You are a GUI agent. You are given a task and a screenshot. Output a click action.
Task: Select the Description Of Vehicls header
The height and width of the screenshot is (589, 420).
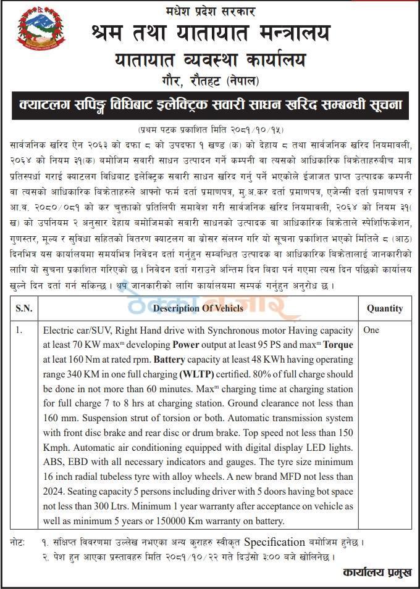point(199,308)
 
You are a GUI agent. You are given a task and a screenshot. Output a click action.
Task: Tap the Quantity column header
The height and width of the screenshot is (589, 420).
point(385,308)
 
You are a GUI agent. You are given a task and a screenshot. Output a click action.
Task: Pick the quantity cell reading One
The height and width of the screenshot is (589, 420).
point(371,330)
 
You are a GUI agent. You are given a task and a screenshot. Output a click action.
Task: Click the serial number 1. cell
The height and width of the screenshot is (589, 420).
point(20,330)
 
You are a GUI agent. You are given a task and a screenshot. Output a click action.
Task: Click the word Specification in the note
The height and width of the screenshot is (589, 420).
point(275,543)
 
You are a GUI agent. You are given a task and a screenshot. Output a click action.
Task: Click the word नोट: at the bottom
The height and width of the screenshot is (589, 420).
point(19,543)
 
